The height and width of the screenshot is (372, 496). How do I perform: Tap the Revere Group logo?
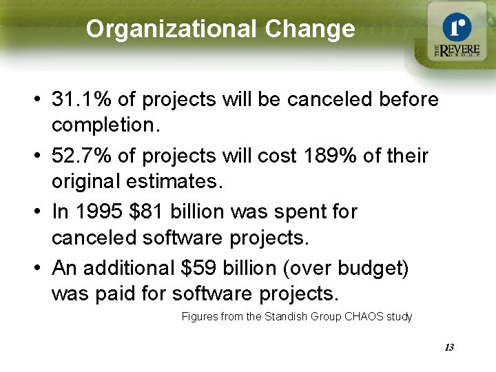455,35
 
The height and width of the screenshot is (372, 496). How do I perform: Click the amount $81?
145,211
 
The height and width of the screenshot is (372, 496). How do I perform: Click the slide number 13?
448,347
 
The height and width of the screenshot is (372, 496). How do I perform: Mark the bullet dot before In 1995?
34,212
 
